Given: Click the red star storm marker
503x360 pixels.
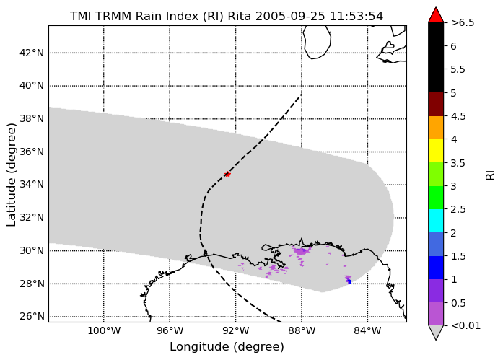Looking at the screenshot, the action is (x=227, y=175).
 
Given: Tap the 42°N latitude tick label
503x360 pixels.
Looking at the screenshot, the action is (x=32, y=53).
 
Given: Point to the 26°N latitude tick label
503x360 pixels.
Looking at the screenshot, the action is (x=32, y=317).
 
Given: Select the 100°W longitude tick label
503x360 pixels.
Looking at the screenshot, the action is (x=104, y=330).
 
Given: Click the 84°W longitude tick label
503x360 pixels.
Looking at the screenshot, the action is (x=367, y=330).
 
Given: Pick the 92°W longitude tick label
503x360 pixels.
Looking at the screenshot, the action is (x=236, y=330).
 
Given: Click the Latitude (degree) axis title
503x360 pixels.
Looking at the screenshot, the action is (x=11, y=175).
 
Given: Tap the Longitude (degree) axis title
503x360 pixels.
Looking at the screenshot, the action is (x=227, y=346).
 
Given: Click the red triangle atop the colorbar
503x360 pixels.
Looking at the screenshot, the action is (x=436, y=14).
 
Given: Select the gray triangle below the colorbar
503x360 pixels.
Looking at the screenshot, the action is (x=436, y=333).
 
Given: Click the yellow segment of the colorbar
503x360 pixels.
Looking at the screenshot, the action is (x=436, y=151).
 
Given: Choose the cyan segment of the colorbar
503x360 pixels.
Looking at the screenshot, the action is (x=436, y=221).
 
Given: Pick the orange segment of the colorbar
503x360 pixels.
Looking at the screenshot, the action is (x=436, y=128).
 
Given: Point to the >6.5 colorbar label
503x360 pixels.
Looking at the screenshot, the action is (x=463, y=23).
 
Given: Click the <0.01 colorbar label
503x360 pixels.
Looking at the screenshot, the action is (x=465, y=325).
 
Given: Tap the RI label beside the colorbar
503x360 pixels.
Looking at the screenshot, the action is (x=490, y=175).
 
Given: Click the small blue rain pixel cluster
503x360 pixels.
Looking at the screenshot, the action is (x=349, y=281).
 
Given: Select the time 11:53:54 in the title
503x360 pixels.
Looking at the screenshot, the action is (x=357, y=16).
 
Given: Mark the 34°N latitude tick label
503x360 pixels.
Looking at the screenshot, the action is (x=32, y=184).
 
